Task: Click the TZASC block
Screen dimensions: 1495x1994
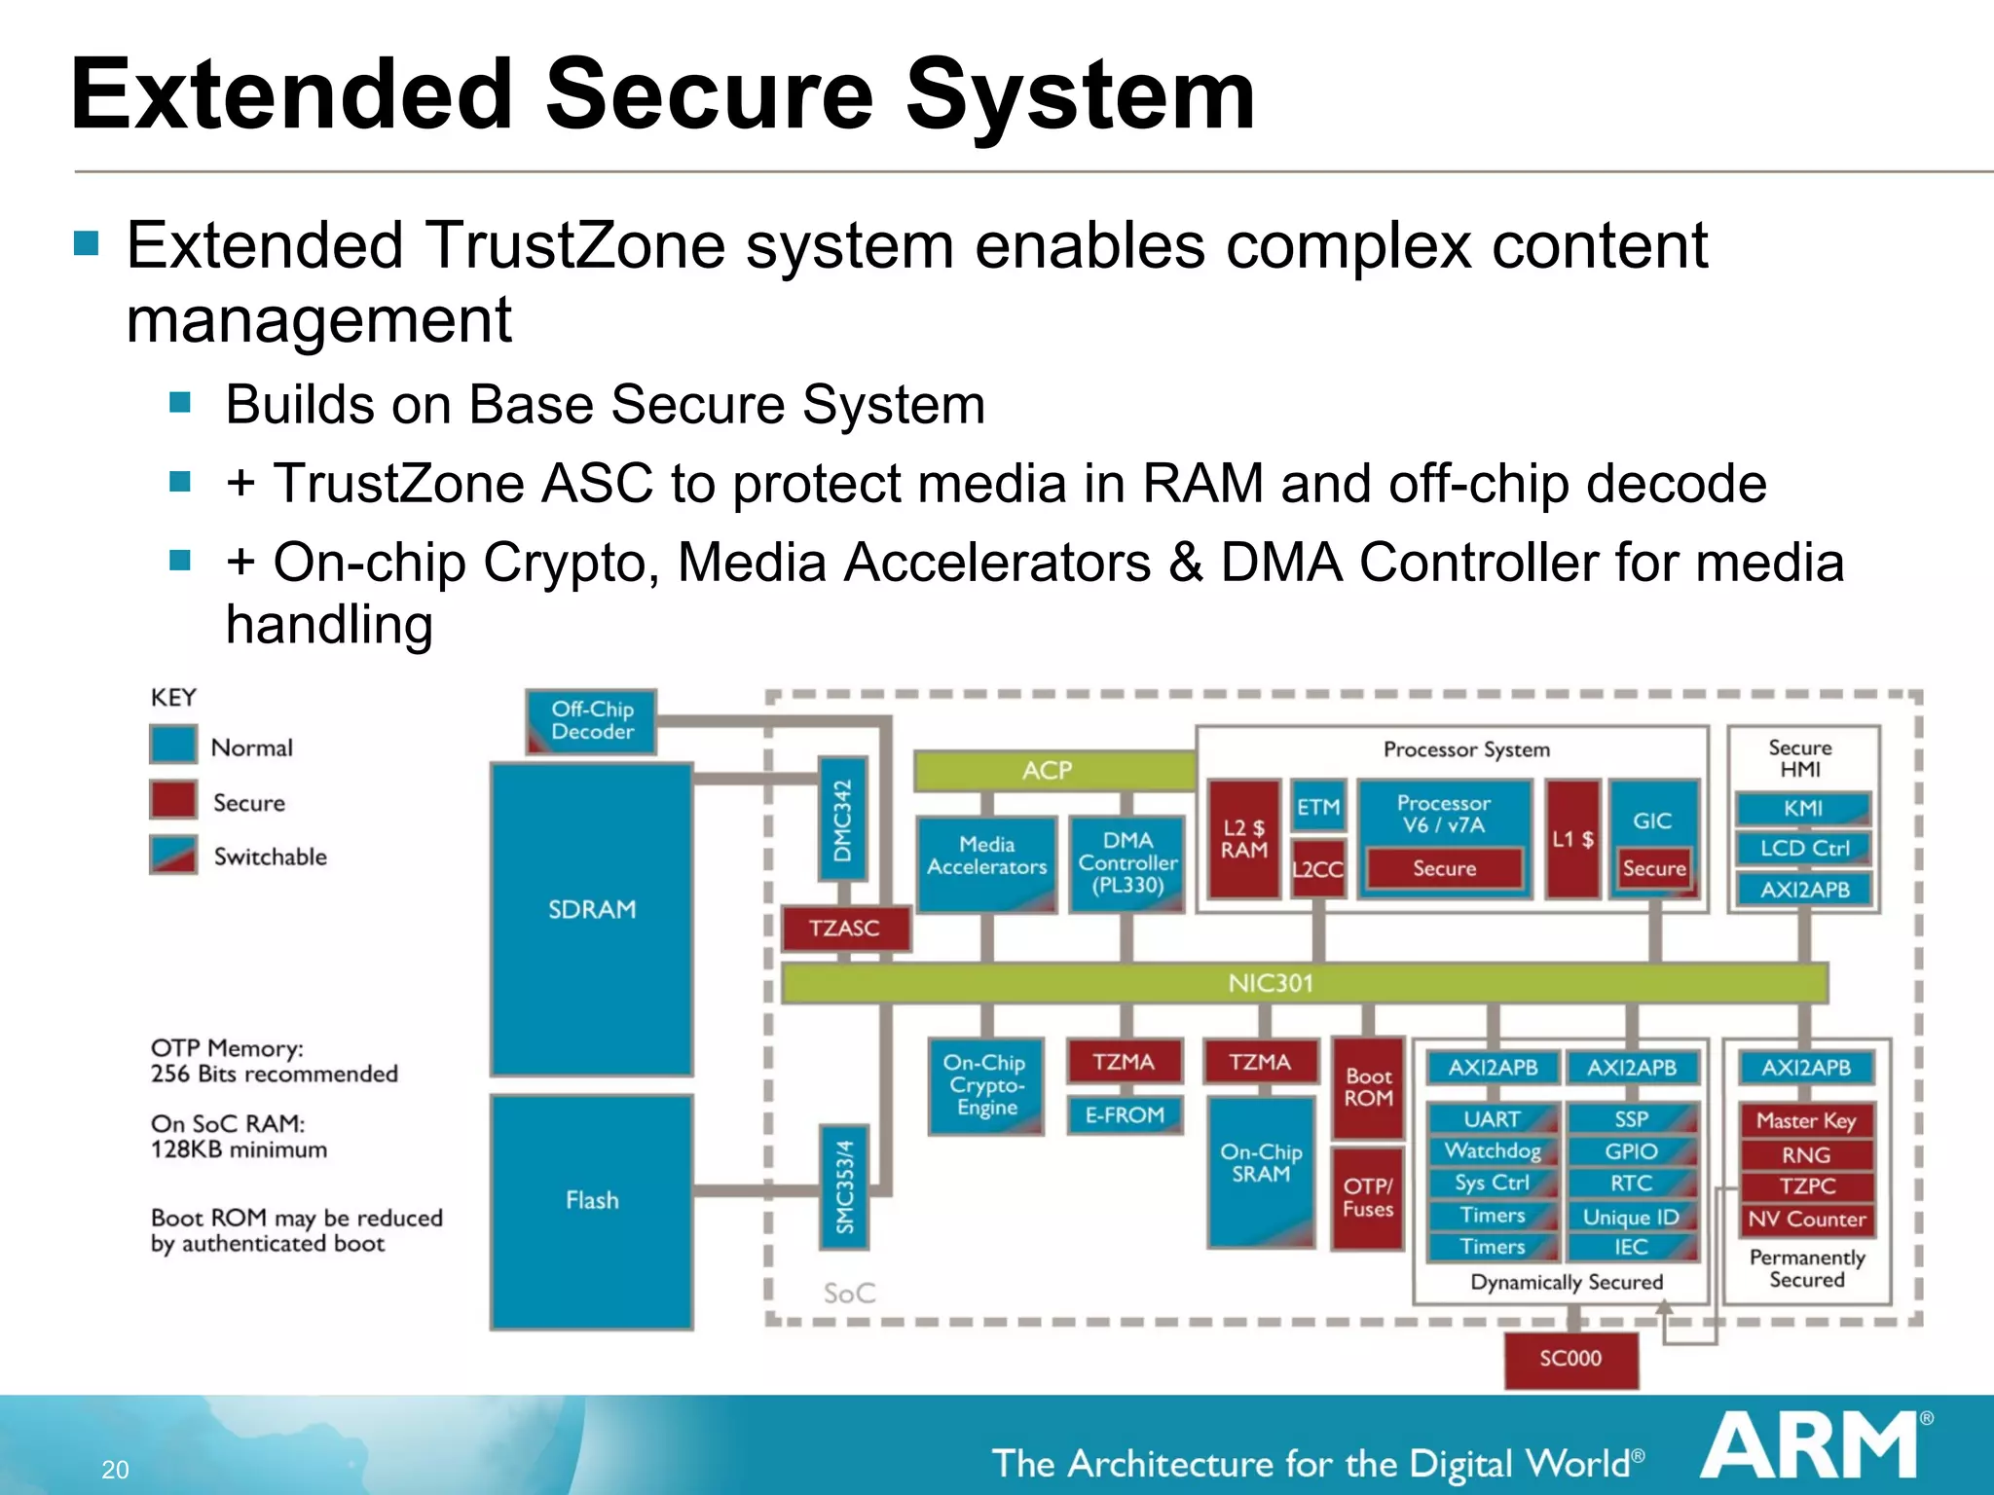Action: (844, 928)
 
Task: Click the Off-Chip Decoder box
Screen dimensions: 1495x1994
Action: (591, 721)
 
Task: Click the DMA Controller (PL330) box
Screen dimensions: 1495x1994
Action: (1126, 863)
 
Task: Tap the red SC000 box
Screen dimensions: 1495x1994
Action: (1569, 1359)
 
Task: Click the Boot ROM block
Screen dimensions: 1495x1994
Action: (1368, 1087)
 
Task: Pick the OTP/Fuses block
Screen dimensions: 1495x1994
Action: (1368, 1198)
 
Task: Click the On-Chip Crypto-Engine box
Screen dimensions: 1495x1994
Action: (985, 1085)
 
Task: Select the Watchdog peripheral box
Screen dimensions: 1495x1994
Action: (1492, 1151)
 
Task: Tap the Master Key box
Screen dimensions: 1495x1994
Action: (1805, 1121)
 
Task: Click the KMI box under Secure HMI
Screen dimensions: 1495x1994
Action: (1802, 809)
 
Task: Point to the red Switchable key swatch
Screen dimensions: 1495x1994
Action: (173, 856)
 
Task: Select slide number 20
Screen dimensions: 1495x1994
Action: (115, 1470)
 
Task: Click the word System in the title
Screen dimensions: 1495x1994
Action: (1081, 94)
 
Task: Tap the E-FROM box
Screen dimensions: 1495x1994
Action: (1125, 1115)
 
